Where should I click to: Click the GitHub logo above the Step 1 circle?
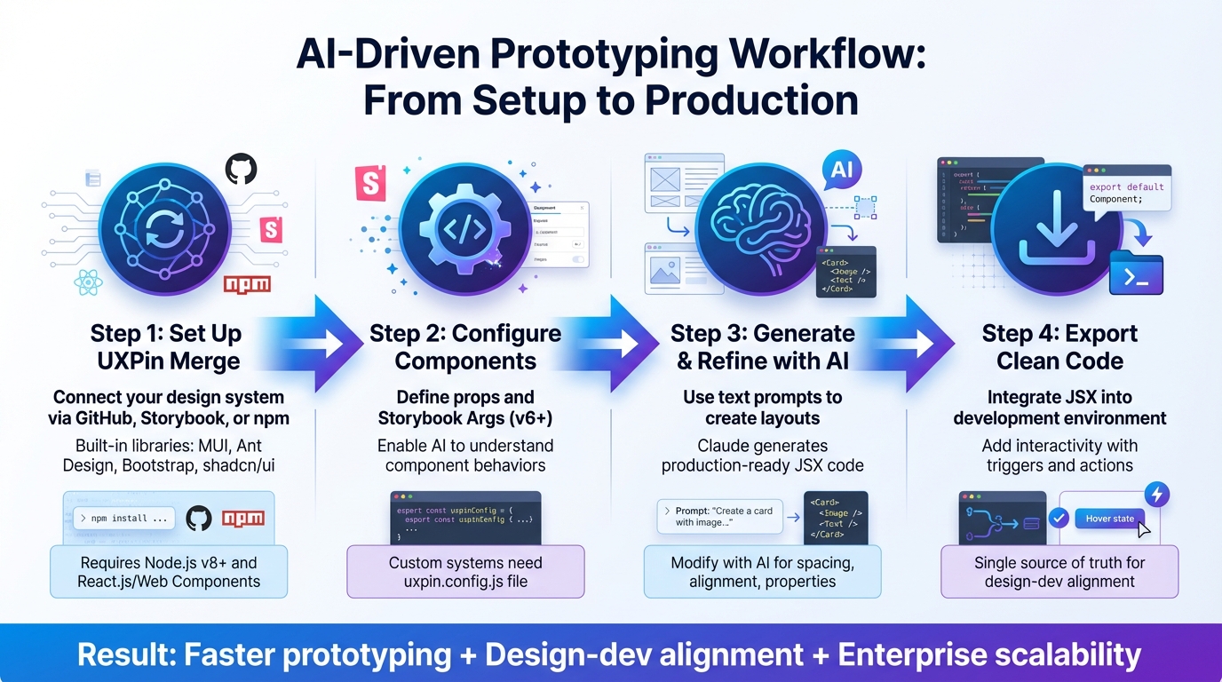pyautogui.click(x=241, y=168)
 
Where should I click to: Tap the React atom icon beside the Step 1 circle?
pyautogui.click(x=89, y=283)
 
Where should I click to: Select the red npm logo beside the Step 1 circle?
pyautogui.click(x=248, y=284)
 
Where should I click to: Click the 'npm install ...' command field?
pyautogui.click(x=123, y=518)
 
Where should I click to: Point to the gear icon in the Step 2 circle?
pyautogui.click(x=464, y=228)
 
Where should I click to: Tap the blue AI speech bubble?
pyautogui.click(x=843, y=169)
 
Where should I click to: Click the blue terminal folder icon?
pyautogui.click(x=1137, y=274)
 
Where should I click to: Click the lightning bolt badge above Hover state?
pyautogui.click(x=1156, y=495)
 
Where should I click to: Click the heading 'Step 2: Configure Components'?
pyautogui.click(x=465, y=347)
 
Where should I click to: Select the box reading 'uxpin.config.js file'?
pyautogui.click(x=465, y=571)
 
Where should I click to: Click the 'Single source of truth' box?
pyautogui.click(x=1059, y=571)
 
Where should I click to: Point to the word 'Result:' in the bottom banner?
pyautogui.click(x=128, y=654)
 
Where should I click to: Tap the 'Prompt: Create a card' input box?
pyautogui.click(x=719, y=517)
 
